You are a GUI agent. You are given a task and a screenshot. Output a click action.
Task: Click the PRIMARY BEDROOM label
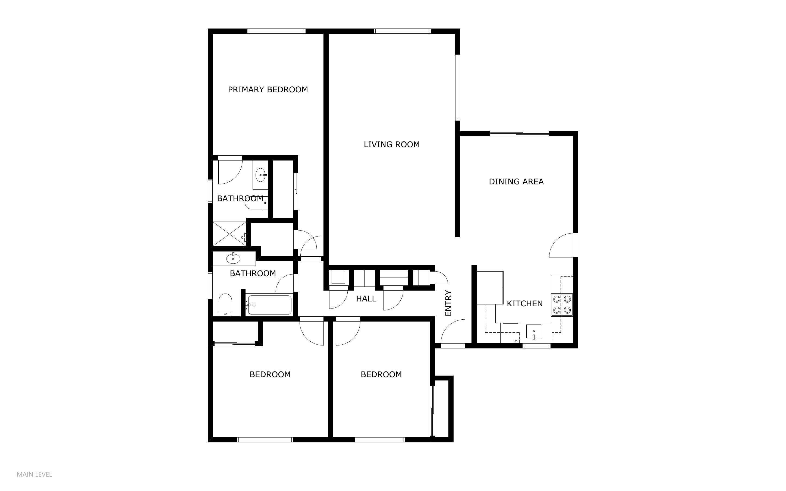[x=268, y=90]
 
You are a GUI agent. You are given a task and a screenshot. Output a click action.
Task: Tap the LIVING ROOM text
[x=392, y=144]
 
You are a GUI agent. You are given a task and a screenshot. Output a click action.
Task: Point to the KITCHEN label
[x=524, y=304]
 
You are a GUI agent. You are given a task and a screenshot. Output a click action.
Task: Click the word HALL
[x=366, y=299]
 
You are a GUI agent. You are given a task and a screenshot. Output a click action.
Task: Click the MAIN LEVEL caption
[x=34, y=474]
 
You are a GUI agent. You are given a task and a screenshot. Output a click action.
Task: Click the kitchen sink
[x=533, y=332]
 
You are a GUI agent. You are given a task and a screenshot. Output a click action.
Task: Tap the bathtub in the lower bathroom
[x=269, y=305]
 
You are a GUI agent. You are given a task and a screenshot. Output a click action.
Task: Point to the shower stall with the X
[x=229, y=234]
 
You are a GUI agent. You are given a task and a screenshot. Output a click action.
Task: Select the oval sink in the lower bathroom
[x=233, y=259]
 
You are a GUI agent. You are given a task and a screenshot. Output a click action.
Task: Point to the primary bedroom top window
[x=276, y=31]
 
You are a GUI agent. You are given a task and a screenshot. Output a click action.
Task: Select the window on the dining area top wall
[x=519, y=133]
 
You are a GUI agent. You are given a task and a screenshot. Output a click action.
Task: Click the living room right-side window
[x=458, y=88]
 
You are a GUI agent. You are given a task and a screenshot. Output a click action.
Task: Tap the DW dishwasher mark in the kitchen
[x=517, y=341]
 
